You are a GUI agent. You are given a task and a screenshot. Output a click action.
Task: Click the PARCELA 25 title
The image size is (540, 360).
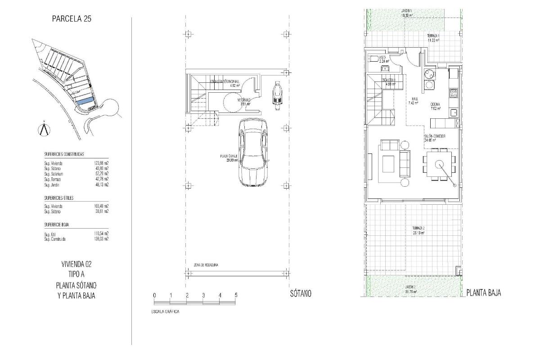click(72, 19)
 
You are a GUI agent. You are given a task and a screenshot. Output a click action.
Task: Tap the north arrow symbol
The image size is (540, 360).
click(44, 129)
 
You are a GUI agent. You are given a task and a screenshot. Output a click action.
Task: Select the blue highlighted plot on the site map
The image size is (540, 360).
click(85, 102)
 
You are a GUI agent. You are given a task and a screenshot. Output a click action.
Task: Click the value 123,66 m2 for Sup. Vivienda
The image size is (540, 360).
click(101, 163)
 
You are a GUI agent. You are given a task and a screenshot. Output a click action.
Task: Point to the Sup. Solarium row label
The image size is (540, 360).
click(54, 174)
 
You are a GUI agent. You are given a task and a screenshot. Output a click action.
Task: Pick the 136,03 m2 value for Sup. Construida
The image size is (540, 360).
click(101, 239)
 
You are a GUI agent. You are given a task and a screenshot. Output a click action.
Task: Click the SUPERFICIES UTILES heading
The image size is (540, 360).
click(59, 198)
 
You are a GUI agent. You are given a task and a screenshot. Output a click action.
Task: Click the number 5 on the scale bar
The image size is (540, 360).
click(236, 295)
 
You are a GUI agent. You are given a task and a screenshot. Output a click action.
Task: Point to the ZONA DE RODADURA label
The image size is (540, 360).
click(206, 265)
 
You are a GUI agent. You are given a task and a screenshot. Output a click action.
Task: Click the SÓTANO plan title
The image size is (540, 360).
click(300, 293)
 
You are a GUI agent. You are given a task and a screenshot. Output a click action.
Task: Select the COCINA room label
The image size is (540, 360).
click(435, 104)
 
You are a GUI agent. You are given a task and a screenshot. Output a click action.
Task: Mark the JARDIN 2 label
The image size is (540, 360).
click(410, 287)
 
